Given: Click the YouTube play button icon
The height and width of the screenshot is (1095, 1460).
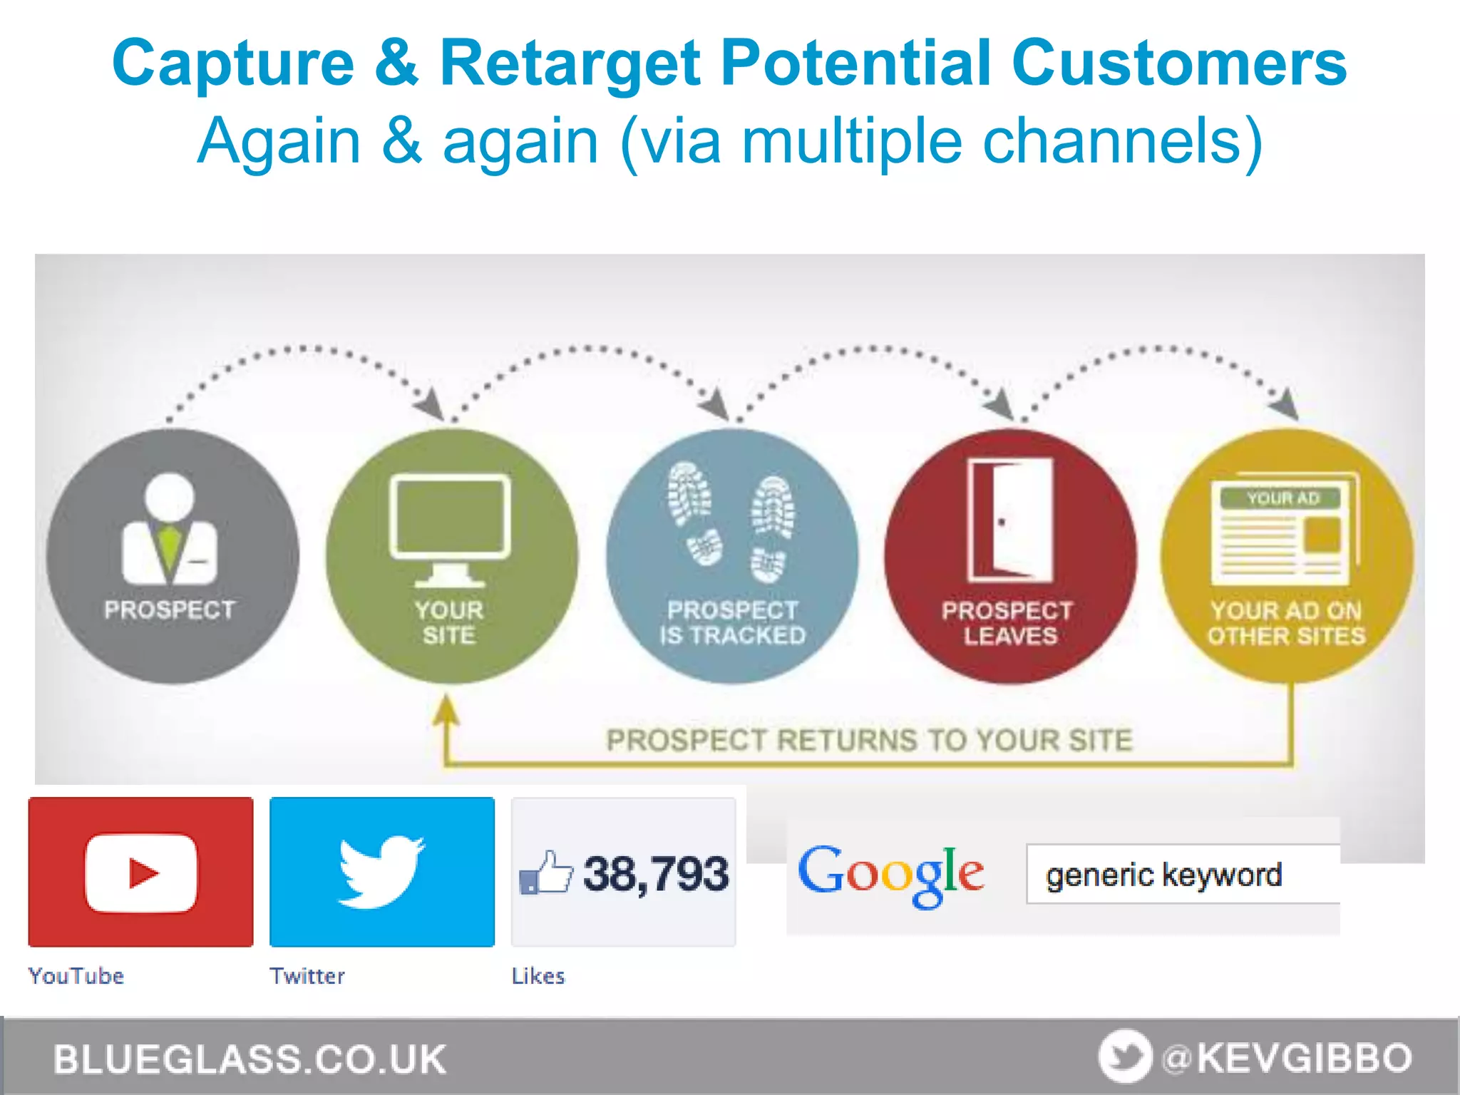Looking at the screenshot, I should [141, 873].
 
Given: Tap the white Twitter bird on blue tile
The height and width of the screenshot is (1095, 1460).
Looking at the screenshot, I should [381, 871].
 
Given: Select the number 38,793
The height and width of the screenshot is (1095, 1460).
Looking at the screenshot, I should [656, 874].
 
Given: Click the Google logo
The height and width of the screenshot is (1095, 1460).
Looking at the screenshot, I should [890, 875].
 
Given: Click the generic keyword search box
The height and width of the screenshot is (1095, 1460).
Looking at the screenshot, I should [1182, 875].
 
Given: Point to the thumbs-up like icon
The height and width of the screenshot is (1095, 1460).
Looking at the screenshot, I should [546, 873].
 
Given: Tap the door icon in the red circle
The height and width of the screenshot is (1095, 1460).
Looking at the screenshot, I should [1009, 520].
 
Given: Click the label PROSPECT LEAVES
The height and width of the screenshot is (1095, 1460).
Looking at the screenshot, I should [1008, 623].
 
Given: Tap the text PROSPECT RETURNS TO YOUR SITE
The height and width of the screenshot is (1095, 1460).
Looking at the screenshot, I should [868, 741].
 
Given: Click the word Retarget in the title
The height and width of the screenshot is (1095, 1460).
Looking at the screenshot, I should [570, 64].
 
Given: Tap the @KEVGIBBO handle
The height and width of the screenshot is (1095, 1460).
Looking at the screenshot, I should [1286, 1058].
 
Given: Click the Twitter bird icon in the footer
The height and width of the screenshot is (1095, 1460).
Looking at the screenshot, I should [1124, 1057].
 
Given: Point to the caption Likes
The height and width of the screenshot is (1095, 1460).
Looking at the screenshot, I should [538, 976].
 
